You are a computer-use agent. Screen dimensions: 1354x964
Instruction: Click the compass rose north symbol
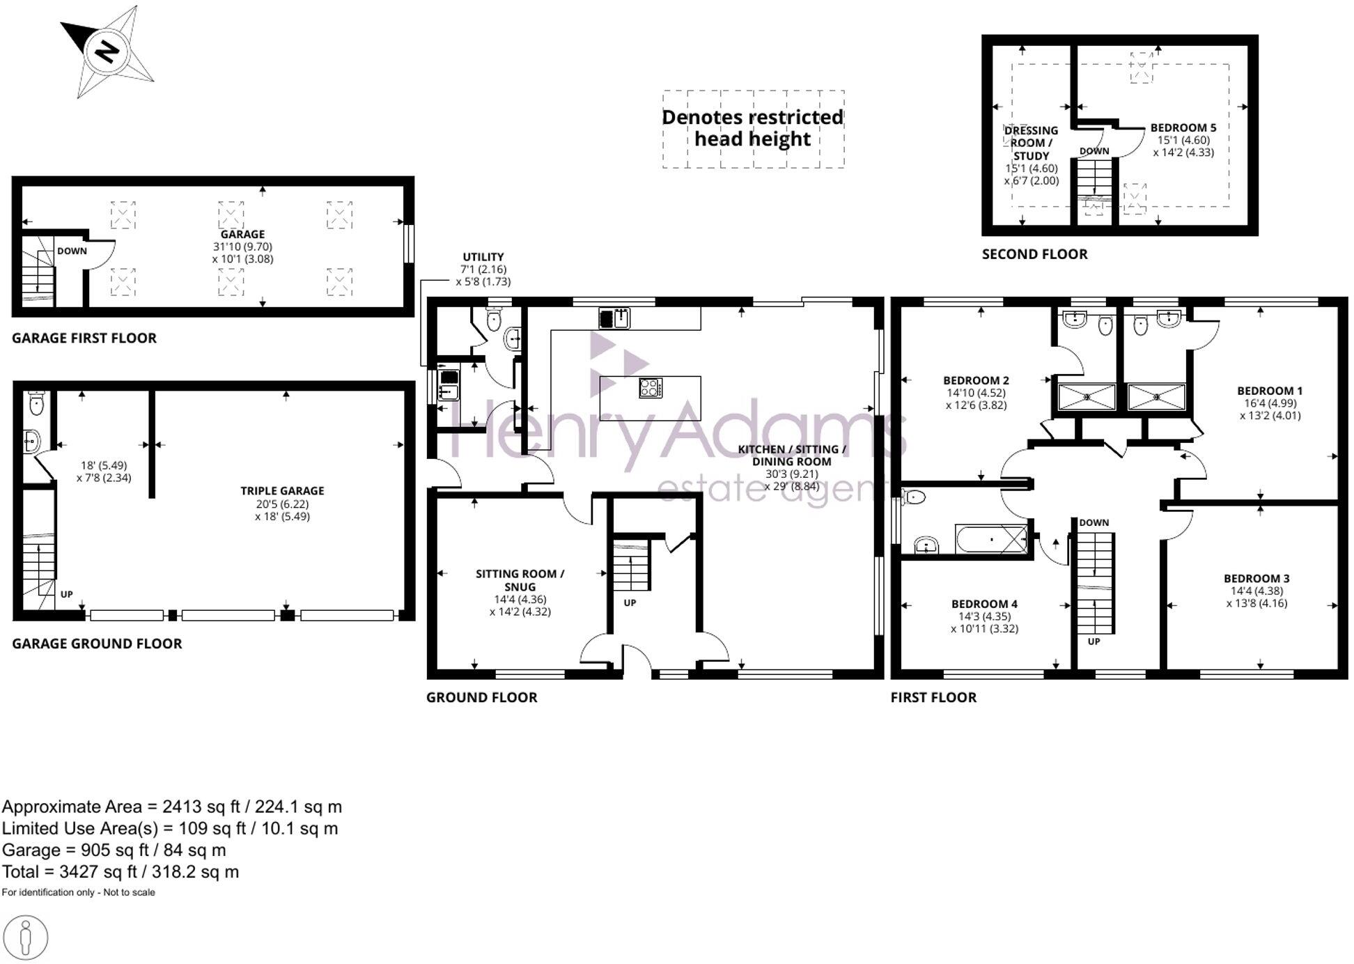click(x=107, y=52)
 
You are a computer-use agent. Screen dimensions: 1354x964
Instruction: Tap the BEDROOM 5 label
click(x=1183, y=128)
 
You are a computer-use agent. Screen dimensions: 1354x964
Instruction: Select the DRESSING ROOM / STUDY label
click(x=1031, y=143)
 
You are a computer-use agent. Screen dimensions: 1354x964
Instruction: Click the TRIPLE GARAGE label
click(x=282, y=491)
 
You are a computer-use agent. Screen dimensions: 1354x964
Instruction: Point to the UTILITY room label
click(x=483, y=257)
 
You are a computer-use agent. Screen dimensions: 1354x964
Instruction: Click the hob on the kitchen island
click(x=651, y=388)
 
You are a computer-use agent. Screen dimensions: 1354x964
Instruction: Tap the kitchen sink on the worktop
click(x=614, y=318)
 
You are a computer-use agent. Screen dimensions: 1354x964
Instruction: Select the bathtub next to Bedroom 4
click(x=992, y=539)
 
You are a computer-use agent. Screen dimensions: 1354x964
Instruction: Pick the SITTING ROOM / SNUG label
click(x=520, y=580)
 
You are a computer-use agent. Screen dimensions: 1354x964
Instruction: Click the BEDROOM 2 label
click(x=976, y=381)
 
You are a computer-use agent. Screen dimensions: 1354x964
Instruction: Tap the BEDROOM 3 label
click(x=1256, y=579)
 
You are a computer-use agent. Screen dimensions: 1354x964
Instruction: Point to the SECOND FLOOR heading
click(x=1034, y=254)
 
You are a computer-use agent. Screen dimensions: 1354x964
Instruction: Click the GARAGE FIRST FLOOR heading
click(x=84, y=339)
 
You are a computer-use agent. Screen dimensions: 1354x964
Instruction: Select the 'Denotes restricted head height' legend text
click(x=753, y=128)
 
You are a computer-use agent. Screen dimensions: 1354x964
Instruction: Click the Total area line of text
click(x=120, y=872)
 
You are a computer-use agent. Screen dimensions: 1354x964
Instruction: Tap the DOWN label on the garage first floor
click(x=72, y=251)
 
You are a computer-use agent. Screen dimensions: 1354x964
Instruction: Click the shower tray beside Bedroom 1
click(x=1156, y=397)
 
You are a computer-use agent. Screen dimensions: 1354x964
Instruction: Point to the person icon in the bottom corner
click(x=26, y=938)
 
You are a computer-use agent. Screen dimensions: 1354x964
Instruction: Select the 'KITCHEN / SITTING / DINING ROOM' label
click(x=792, y=456)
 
